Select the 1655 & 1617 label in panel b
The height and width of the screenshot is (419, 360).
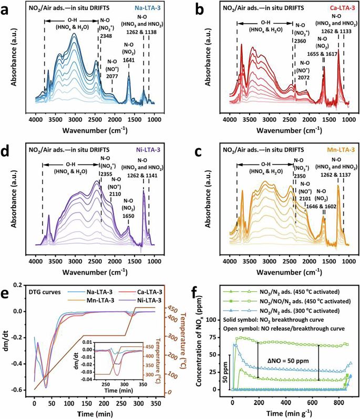pos(323,54)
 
